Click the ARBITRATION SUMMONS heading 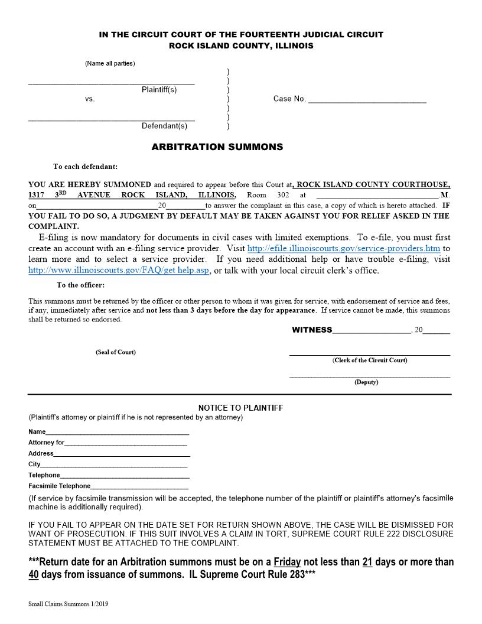[x=217, y=147]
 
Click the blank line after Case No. [x=367, y=100]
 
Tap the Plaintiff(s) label [x=159, y=90]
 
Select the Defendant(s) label [x=164, y=126]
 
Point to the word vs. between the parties [x=90, y=99]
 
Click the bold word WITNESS [x=312, y=330]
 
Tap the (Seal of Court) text [x=116, y=352]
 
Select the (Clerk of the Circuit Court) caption [x=370, y=360]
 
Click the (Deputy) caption [x=366, y=382]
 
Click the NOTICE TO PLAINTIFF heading [x=240, y=408]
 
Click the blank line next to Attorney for [x=126, y=443]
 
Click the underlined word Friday [x=287, y=561]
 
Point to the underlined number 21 [x=367, y=561]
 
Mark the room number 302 [x=282, y=195]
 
